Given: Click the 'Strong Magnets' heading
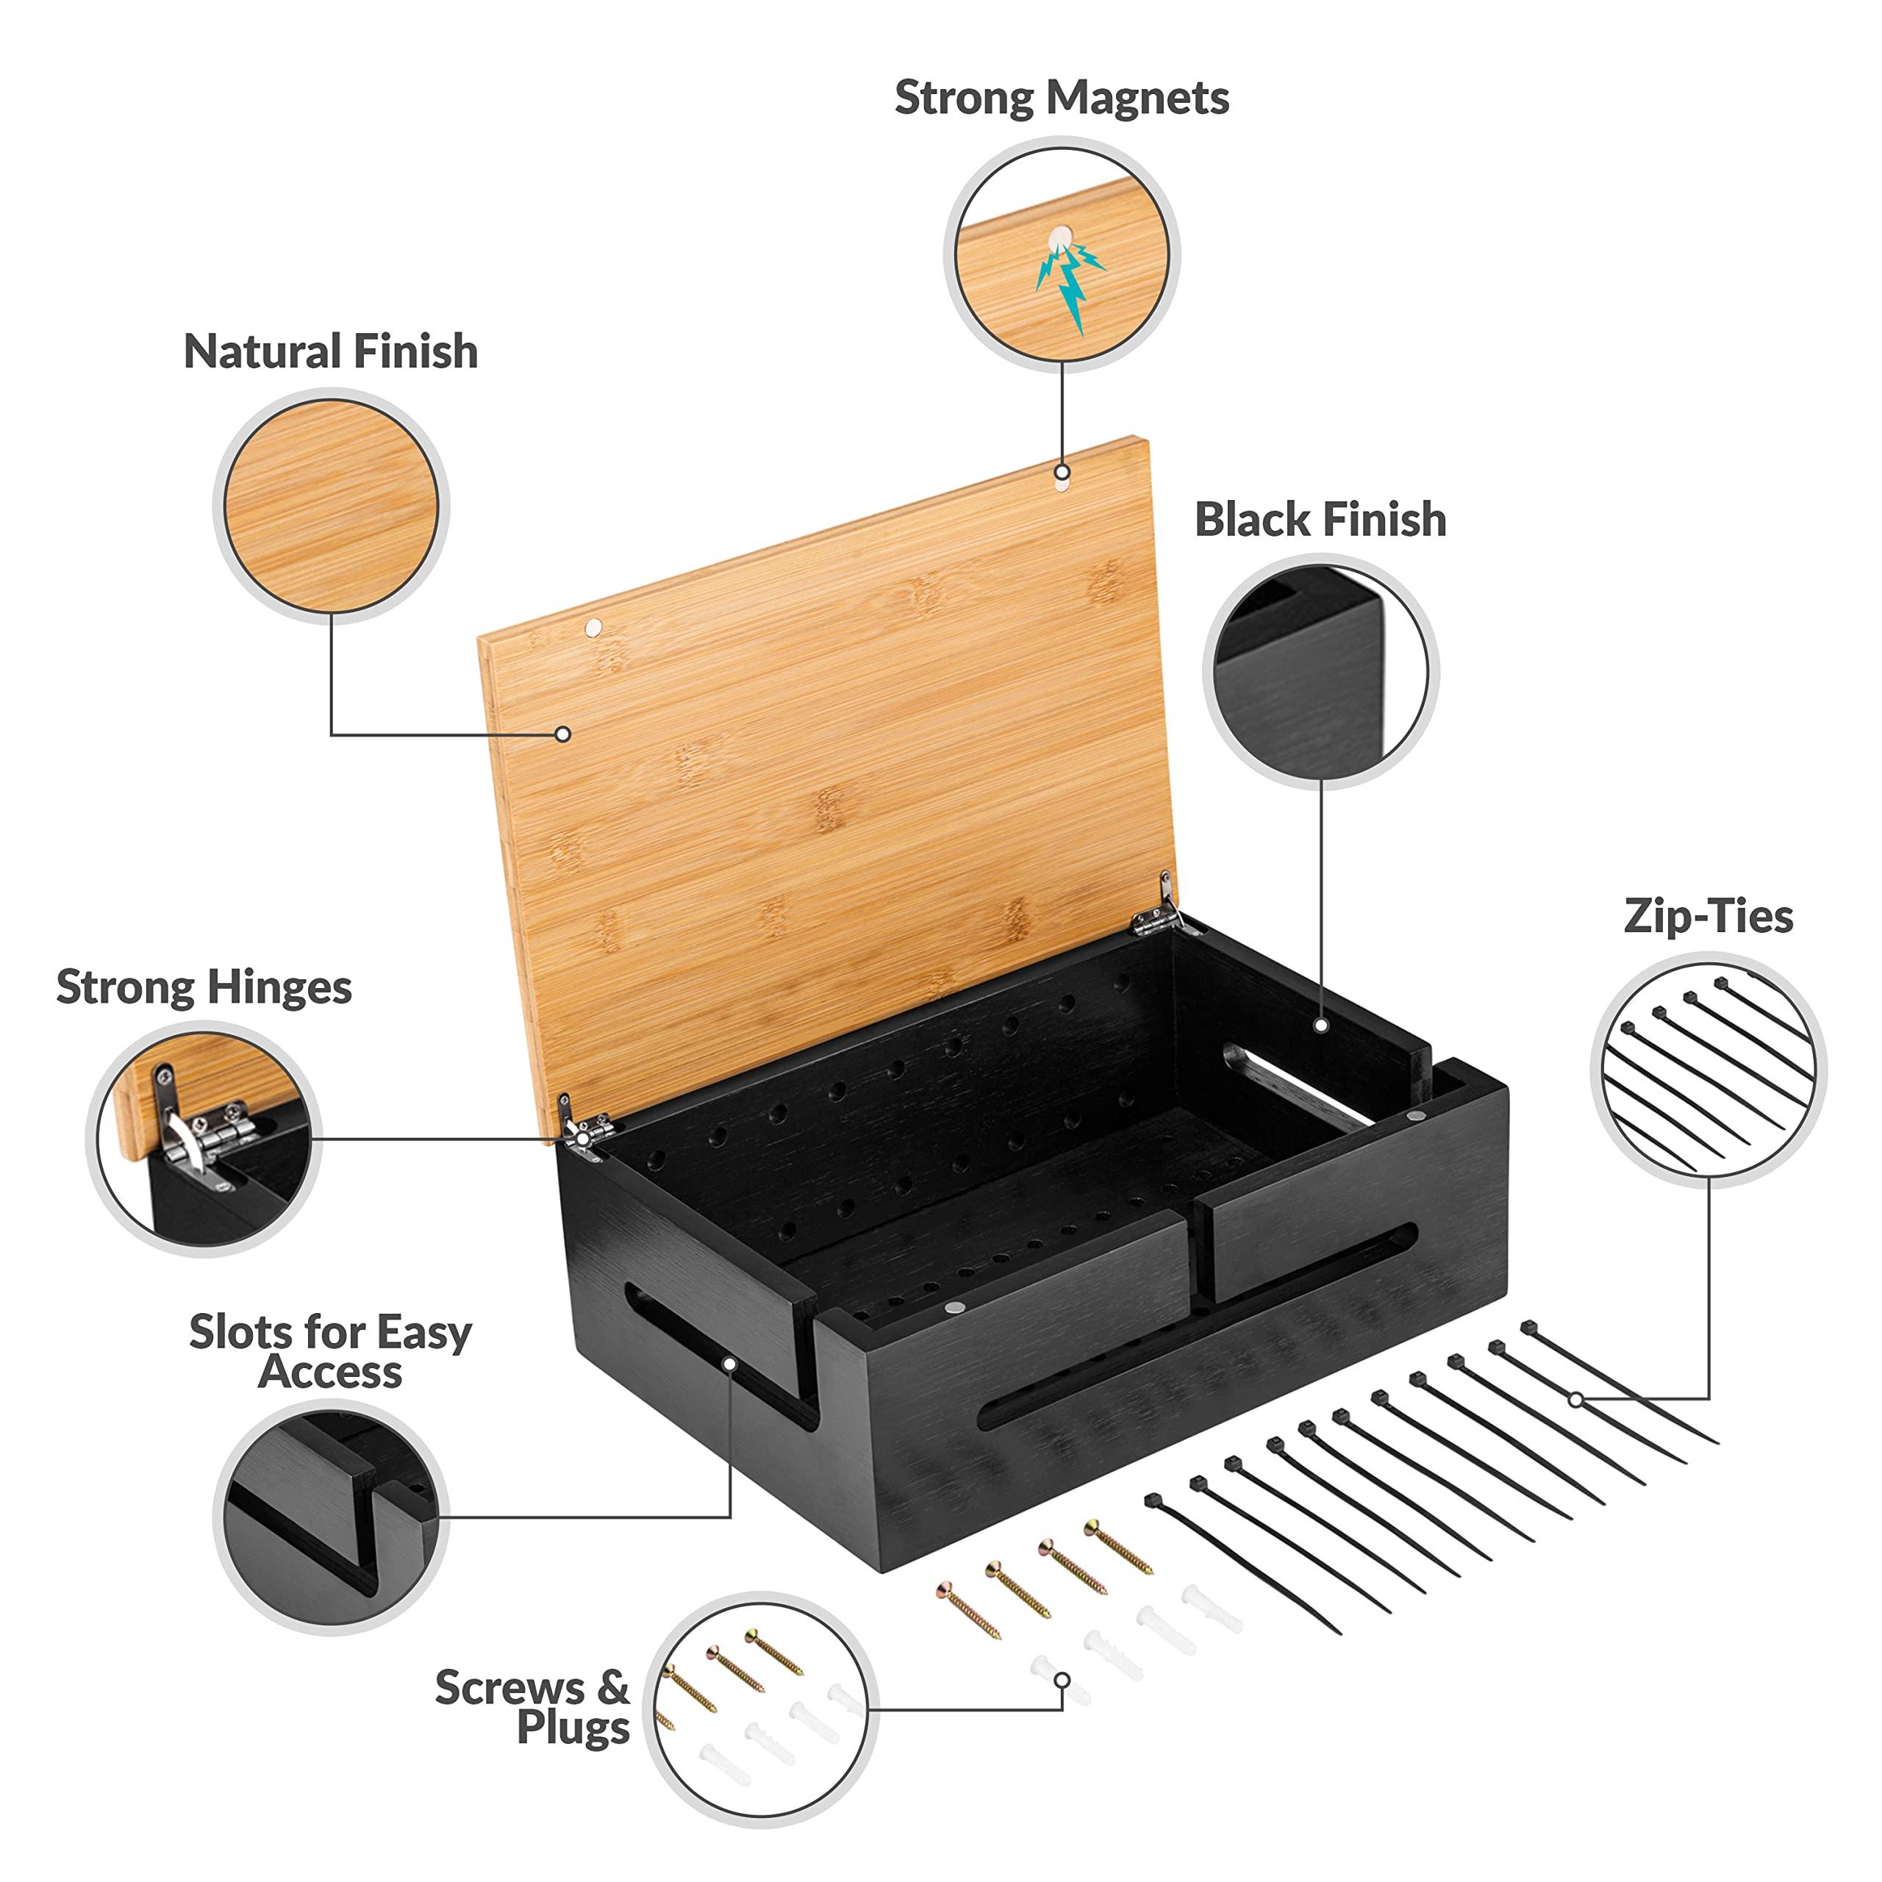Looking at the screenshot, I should [1061, 99].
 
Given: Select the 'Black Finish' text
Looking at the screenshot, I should [1320, 519].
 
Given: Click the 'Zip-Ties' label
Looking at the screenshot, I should [1708, 917].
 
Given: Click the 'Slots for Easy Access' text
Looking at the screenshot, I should [330, 1351].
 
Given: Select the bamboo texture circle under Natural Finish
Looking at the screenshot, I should [332, 507].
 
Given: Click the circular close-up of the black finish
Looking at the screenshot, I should [1320, 672].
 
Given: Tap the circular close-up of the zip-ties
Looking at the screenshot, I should [1708, 1070].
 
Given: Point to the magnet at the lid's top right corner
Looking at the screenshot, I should [1062, 473].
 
